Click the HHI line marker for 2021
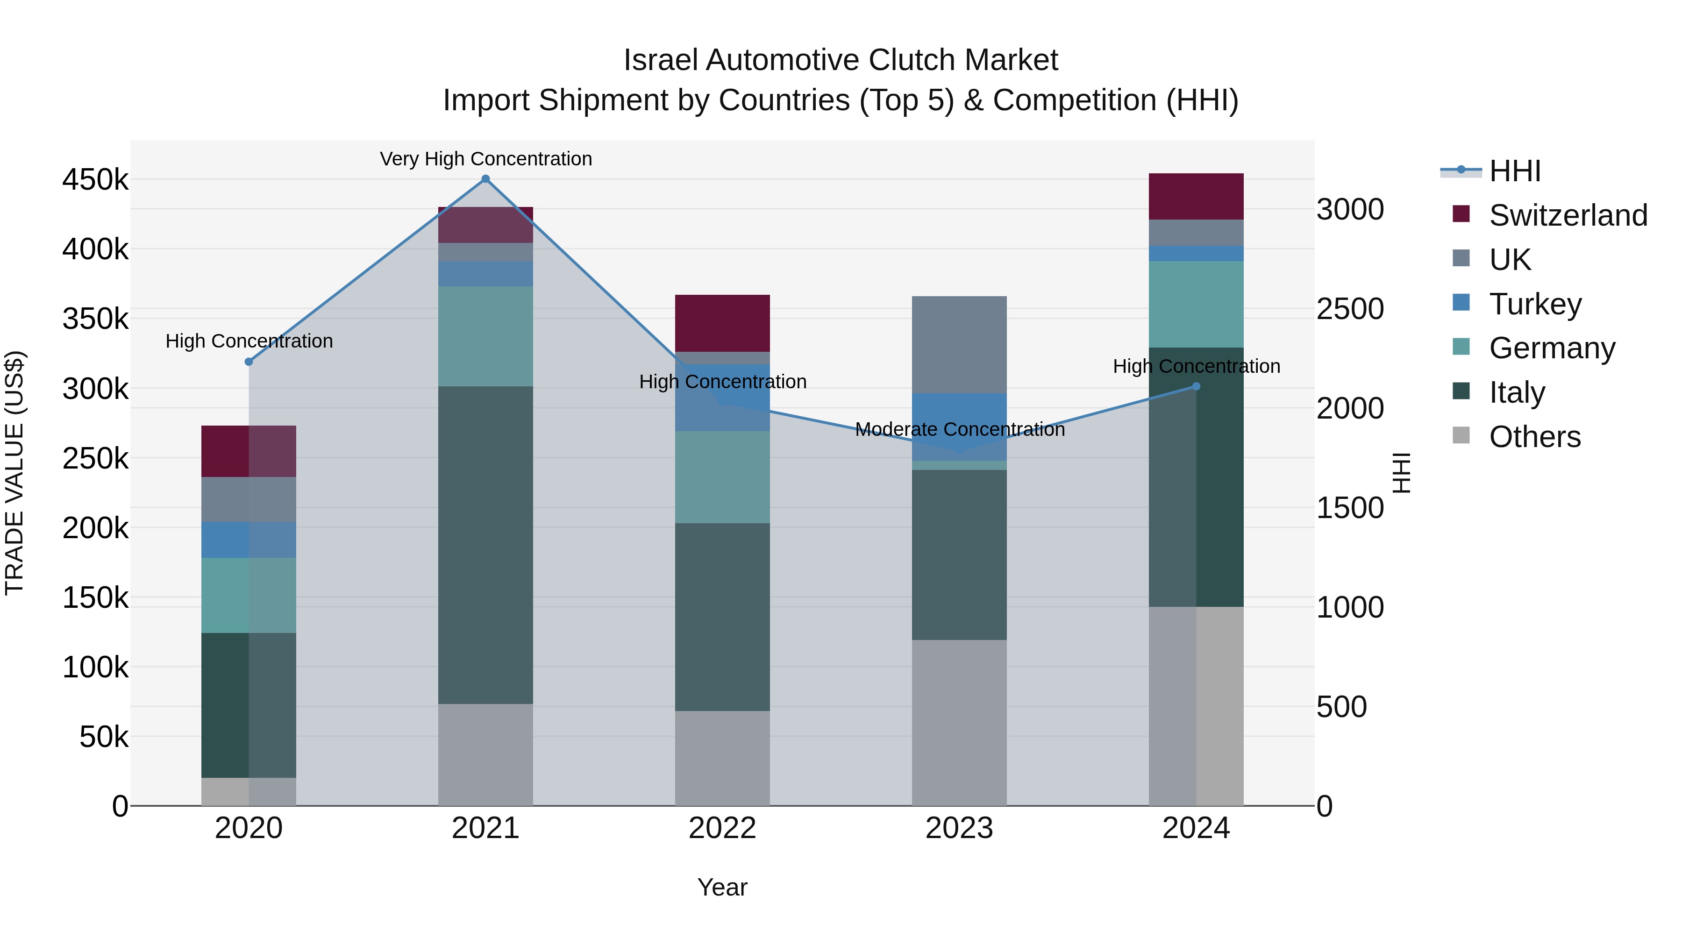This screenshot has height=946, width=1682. pyautogui.click(x=485, y=179)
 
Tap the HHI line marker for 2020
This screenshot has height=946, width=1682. pyautogui.click(x=249, y=362)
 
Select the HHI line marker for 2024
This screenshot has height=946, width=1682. pyautogui.click(x=1196, y=386)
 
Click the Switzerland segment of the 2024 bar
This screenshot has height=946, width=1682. pyautogui.click(x=1196, y=197)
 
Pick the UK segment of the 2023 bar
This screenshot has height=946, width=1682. pyautogui.click(x=959, y=345)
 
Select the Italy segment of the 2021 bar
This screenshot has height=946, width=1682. pyautogui.click(x=485, y=545)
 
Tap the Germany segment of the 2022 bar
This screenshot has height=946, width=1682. pyautogui.click(x=722, y=477)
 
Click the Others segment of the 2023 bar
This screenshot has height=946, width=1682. pyautogui.click(x=959, y=723)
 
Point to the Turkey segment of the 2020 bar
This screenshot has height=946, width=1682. pyautogui.click(x=249, y=540)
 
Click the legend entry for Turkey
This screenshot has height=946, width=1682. pyautogui.click(x=1535, y=304)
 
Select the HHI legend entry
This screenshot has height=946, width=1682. pyautogui.click(x=1515, y=171)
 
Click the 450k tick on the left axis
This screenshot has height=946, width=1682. pyautogui.click(x=95, y=179)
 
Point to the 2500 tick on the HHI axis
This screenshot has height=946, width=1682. pyautogui.click(x=1350, y=309)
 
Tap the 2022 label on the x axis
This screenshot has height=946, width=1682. pyautogui.click(x=722, y=828)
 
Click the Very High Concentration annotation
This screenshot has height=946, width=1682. pyautogui.click(x=486, y=159)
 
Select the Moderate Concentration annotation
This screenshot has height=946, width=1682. pyautogui.click(x=960, y=430)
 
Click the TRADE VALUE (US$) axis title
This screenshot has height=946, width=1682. pyautogui.click(x=14, y=473)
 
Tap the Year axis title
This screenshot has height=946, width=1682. pyautogui.click(x=722, y=887)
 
